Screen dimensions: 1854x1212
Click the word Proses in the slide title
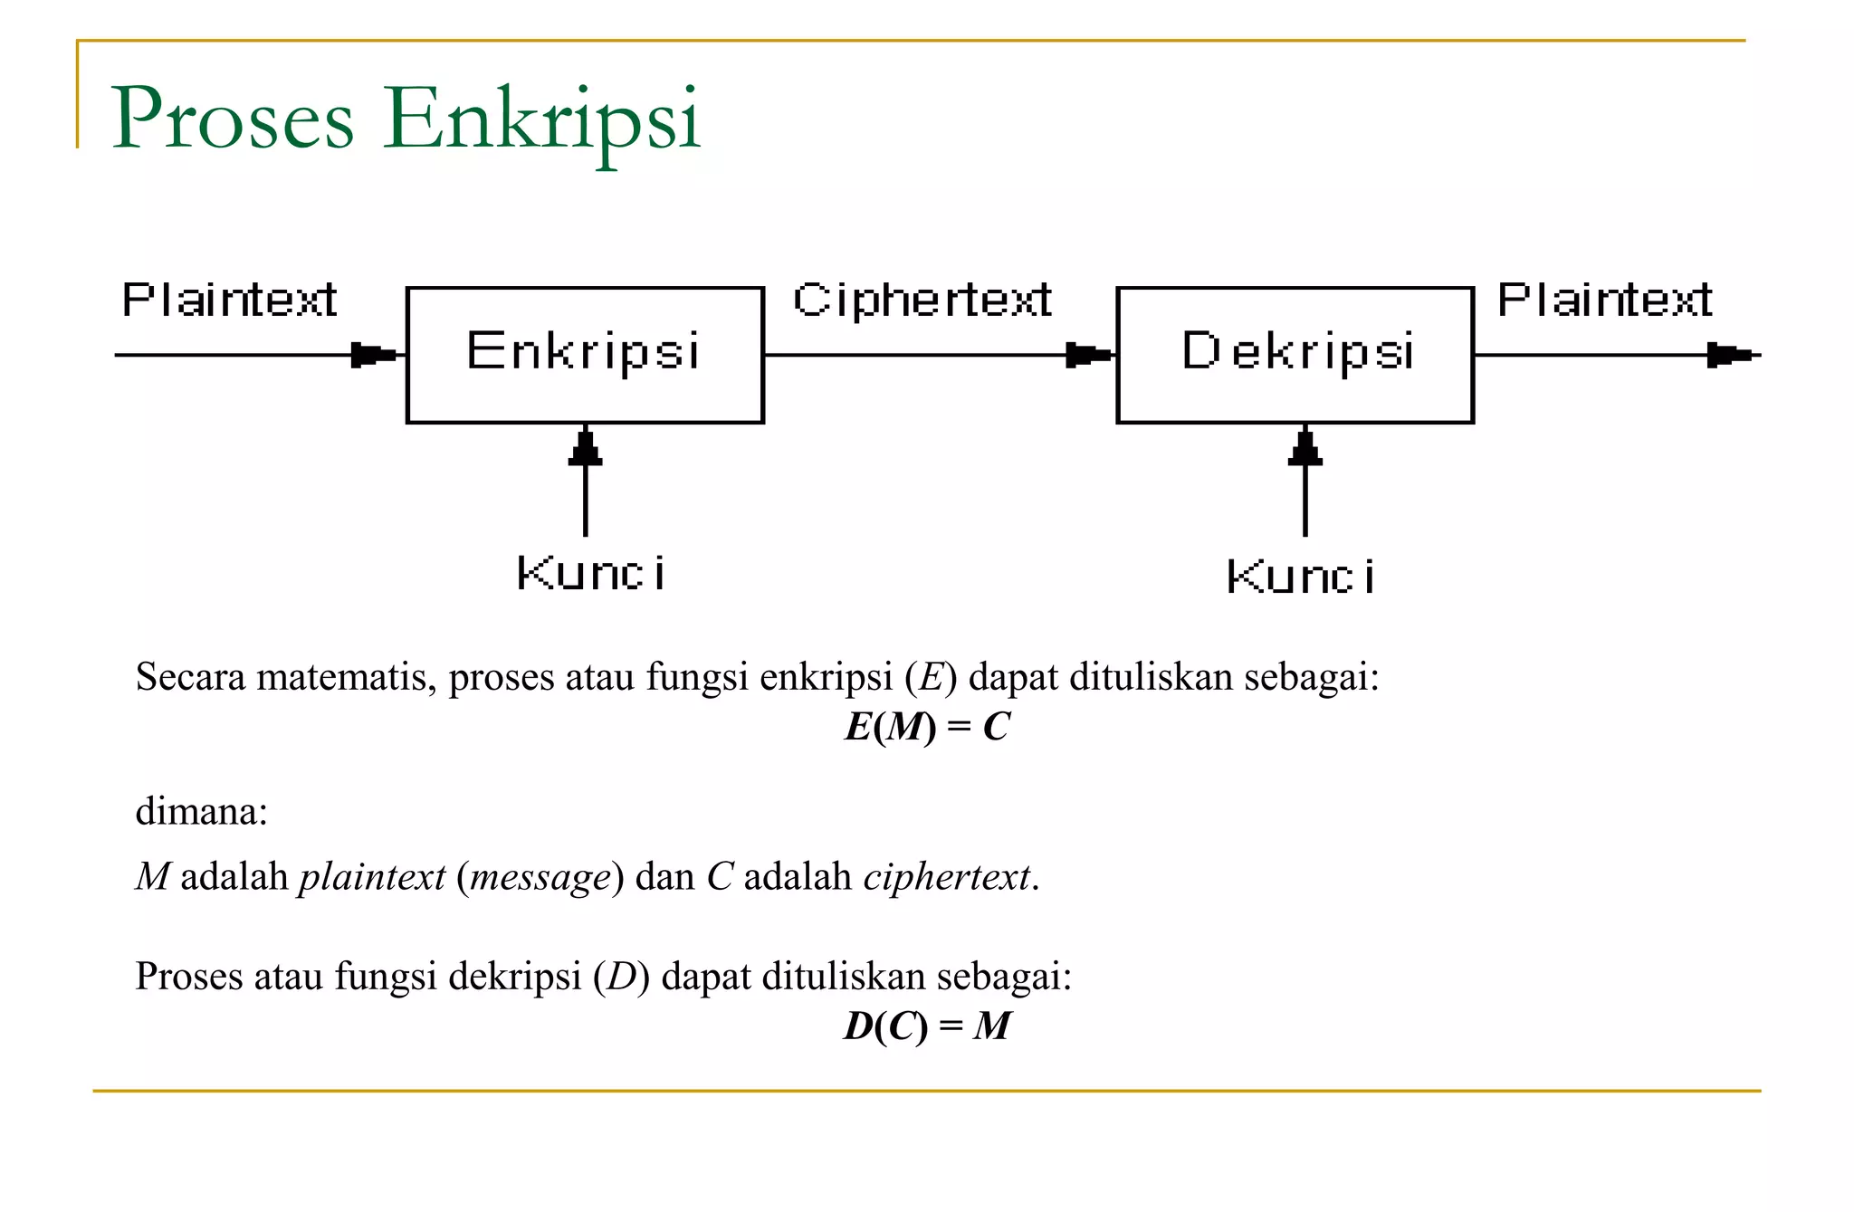(x=232, y=119)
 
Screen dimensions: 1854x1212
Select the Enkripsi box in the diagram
(x=585, y=354)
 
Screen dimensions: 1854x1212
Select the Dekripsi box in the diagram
(x=1295, y=354)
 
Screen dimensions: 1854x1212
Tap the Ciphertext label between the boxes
(x=922, y=301)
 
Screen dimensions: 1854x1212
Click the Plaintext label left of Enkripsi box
(x=229, y=301)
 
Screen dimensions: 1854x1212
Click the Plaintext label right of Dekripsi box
(x=1604, y=301)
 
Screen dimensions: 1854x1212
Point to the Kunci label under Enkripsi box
(x=590, y=574)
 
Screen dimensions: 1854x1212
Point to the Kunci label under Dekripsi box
(x=1300, y=577)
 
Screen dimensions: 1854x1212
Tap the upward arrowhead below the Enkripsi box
(x=586, y=449)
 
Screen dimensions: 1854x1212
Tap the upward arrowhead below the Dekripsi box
(x=1304, y=449)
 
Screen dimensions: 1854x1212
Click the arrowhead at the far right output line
(x=1728, y=355)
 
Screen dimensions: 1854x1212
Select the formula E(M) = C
(x=927, y=727)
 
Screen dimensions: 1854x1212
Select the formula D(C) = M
(x=927, y=1026)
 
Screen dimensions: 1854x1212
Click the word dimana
(x=201, y=812)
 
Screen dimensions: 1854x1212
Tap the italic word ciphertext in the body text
(x=946, y=877)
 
